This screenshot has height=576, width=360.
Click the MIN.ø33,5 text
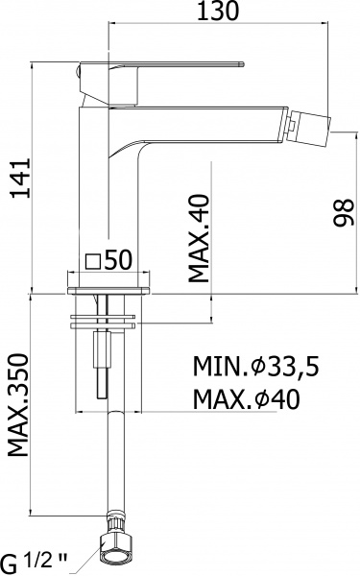point(256,368)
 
